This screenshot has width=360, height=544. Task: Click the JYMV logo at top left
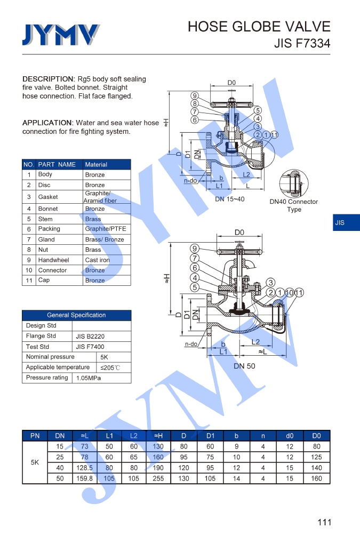[x=60, y=35]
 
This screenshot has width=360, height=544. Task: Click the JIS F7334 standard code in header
[x=302, y=43]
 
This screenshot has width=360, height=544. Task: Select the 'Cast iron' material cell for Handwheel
[x=97, y=260]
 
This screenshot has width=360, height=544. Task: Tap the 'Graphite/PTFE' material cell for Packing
[x=106, y=229]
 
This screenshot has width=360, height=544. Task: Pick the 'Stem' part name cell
[x=45, y=219]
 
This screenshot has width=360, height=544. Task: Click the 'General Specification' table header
[x=76, y=315]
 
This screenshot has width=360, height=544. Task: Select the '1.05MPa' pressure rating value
[x=88, y=378]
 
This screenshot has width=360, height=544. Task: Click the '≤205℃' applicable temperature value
[x=110, y=367]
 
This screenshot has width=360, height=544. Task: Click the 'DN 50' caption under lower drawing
[x=244, y=366]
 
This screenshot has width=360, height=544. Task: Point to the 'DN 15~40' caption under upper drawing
[x=230, y=199]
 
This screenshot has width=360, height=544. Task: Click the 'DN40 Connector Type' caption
[x=294, y=205]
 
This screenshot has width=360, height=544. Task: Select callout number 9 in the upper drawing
[x=195, y=95]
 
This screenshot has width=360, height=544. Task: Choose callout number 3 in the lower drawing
[x=271, y=282]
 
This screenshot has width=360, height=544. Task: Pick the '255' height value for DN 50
[x=158, y=478]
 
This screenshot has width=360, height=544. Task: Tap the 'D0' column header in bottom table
[x=317, y=436]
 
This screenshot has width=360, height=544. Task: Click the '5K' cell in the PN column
[x=35, y=462]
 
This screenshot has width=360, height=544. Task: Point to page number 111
[x=324, y=522]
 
